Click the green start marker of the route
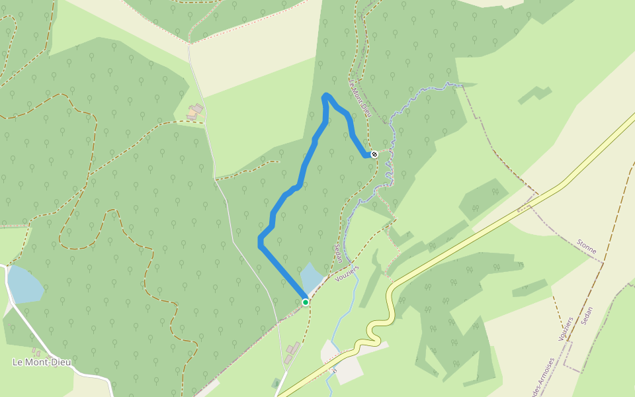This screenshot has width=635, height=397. click(x=306, y=302)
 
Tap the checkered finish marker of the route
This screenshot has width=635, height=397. click(x=374, y=154)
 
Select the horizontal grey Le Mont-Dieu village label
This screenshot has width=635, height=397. click(x=42, y=362)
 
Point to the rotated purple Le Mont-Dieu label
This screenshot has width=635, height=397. click(x=360, y=99)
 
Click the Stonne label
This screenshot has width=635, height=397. click(x=587, y=247)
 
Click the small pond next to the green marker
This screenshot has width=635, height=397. click(x=310, y=277)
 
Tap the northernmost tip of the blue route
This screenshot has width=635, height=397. click(x=325, y=95)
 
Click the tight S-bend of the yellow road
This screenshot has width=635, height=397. click(x=376, y=330)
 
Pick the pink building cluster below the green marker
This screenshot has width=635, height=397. click(x=291, y=351)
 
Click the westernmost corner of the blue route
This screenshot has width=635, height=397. click(x=259, y=243)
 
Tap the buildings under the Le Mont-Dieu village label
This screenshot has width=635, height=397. click(x=36, y=353)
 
